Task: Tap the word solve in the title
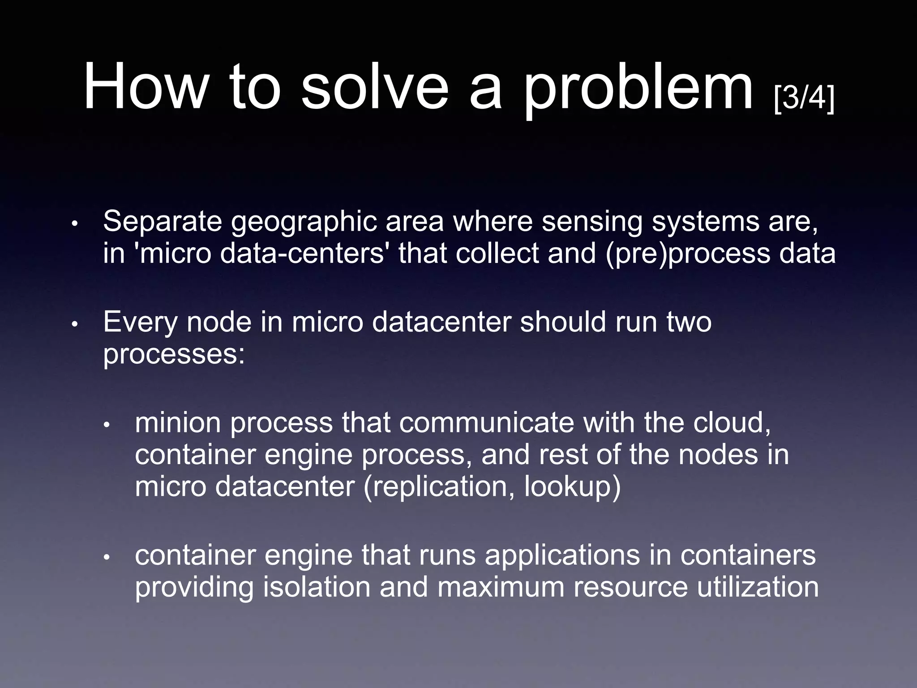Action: click(374, 86)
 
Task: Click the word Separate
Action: click(162, 221)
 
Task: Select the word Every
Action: click(140, 322)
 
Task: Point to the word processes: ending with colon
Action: click(174, 356)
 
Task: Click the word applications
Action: click(562, 556)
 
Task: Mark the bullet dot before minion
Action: click(107, 424)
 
